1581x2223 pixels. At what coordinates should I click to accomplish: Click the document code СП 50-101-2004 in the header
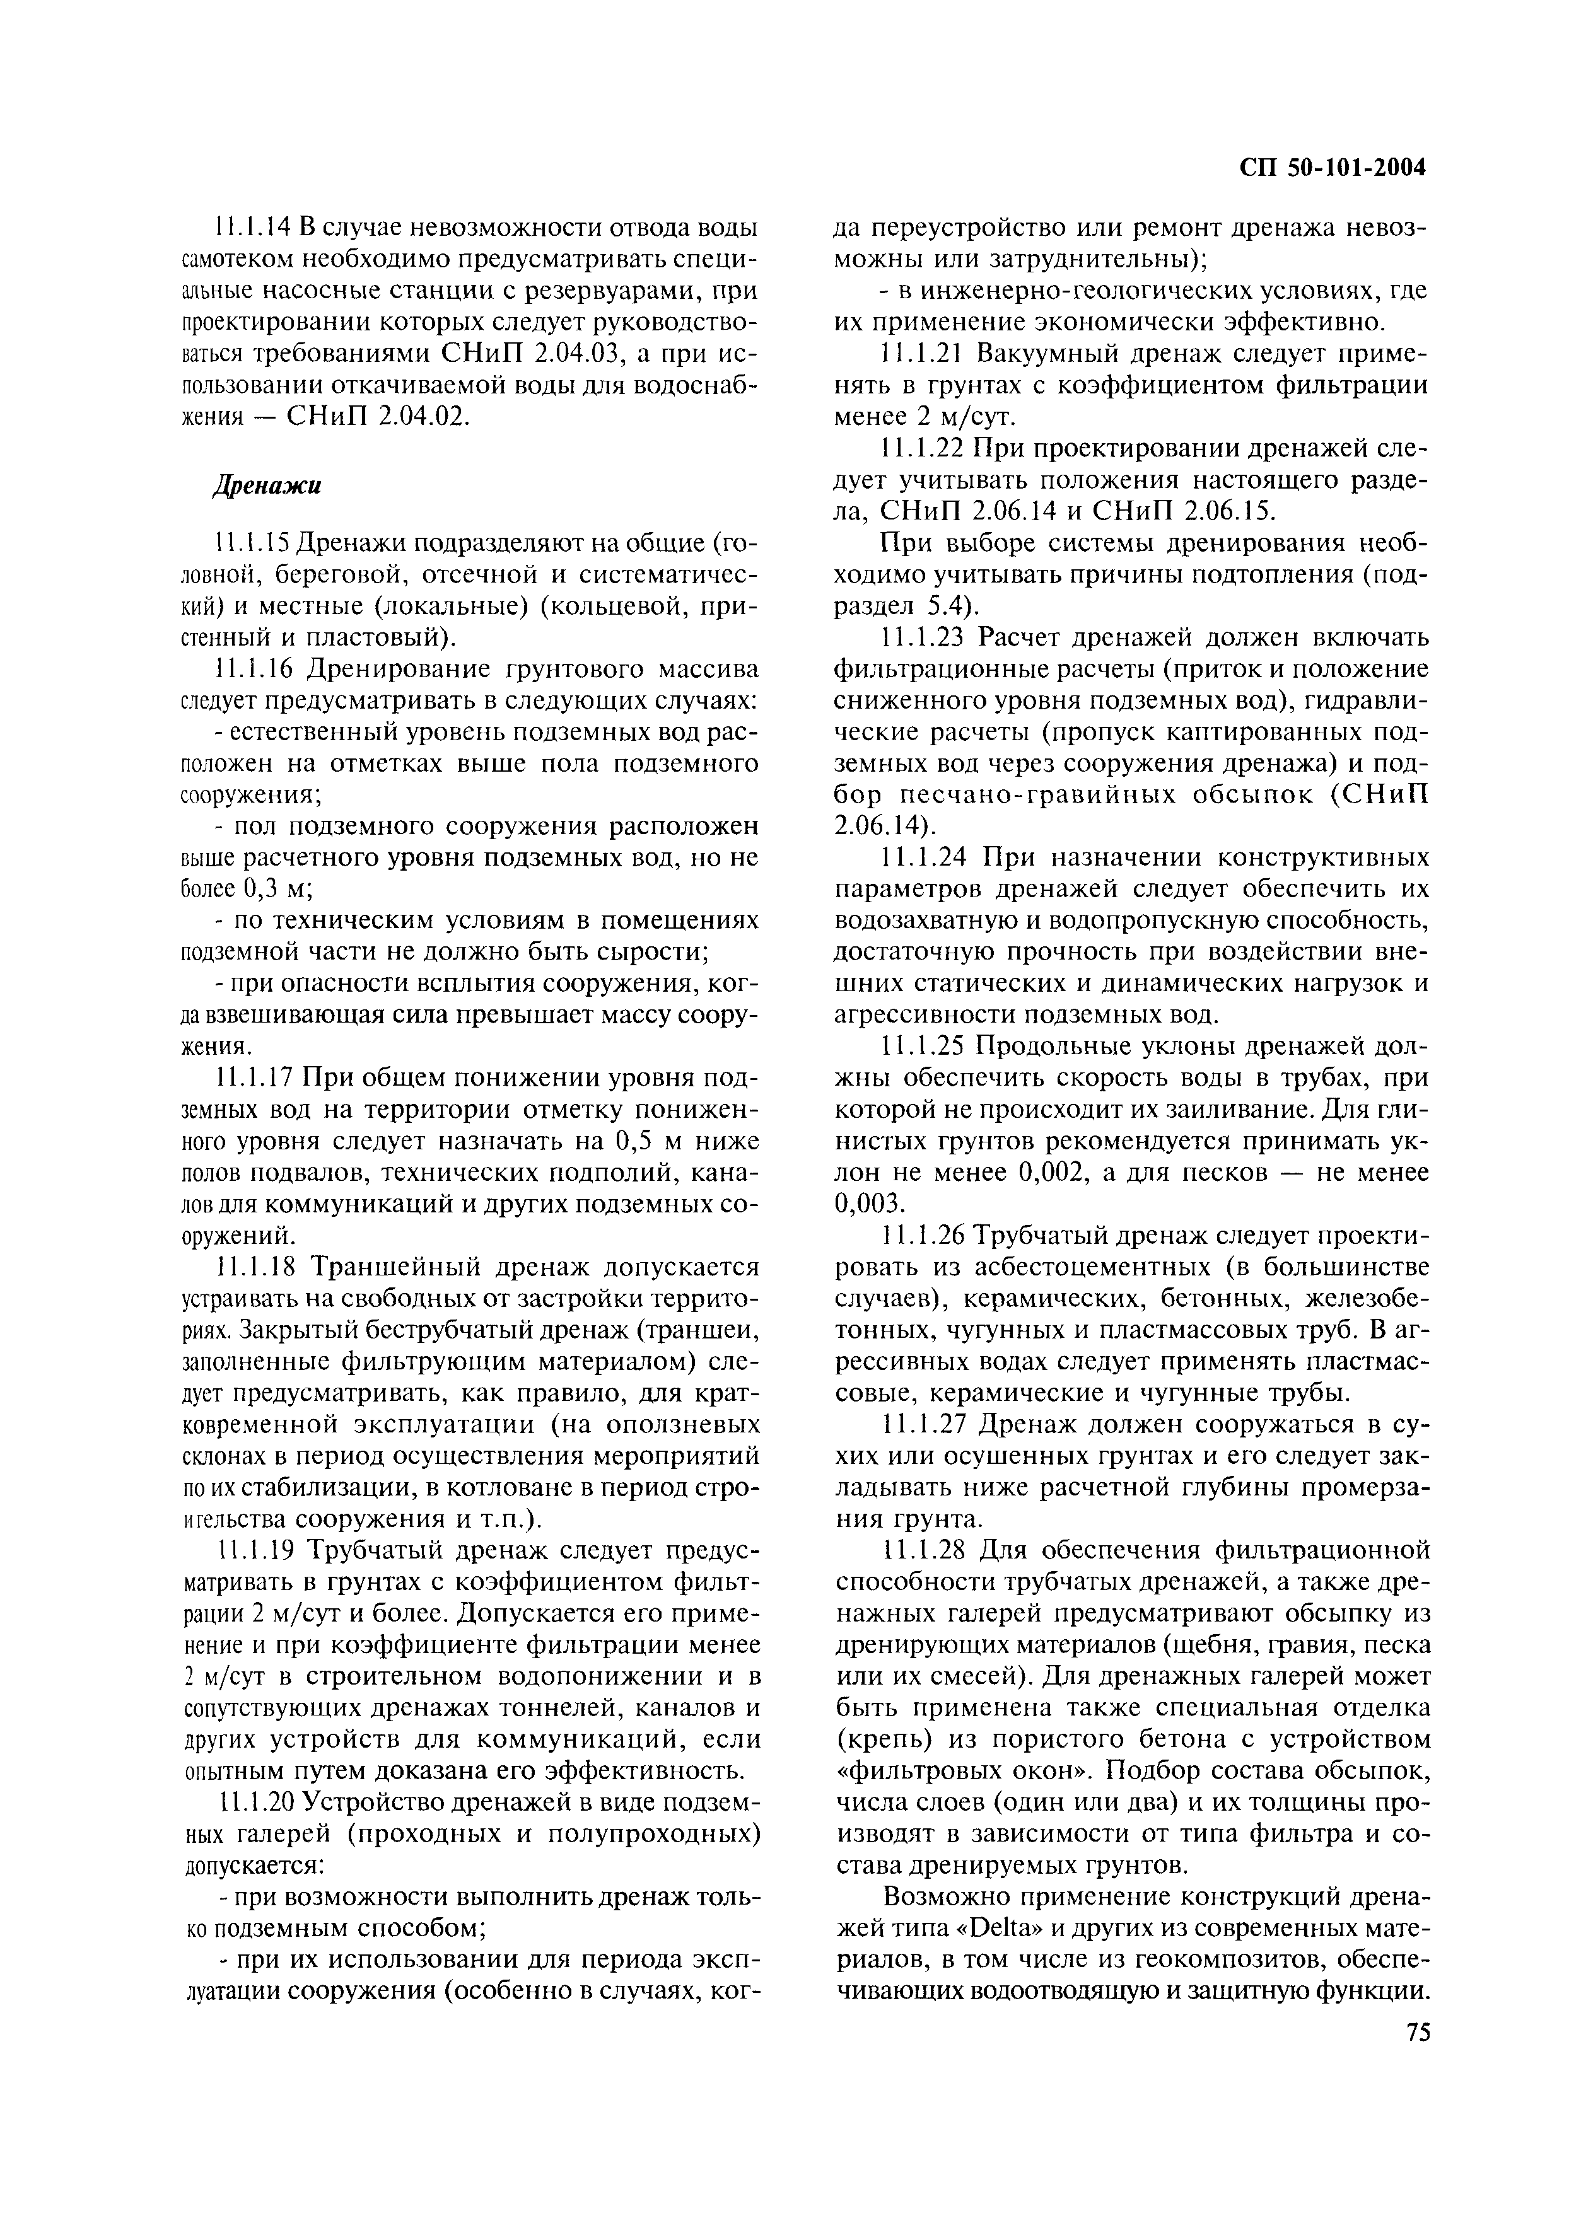point(1332,168)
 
